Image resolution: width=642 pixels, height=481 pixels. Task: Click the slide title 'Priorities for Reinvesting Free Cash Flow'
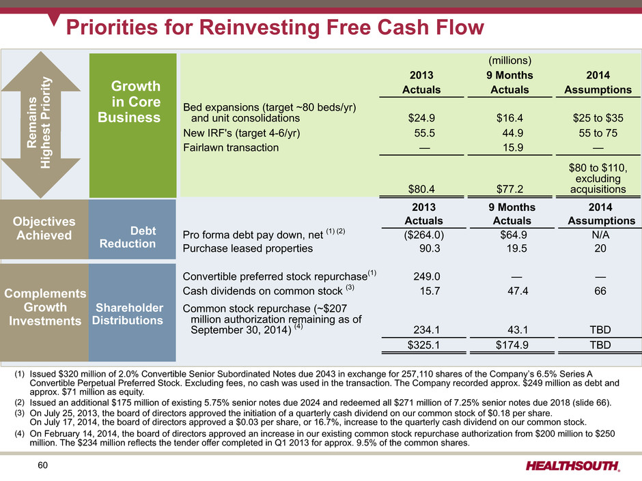[x=273, y=27]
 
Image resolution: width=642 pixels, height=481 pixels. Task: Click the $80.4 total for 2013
[x=423, y=188]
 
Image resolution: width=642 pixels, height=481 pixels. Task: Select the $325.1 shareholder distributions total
[x=423, y=345]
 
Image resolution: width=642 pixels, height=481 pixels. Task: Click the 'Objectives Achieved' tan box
[x=44, y=229]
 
